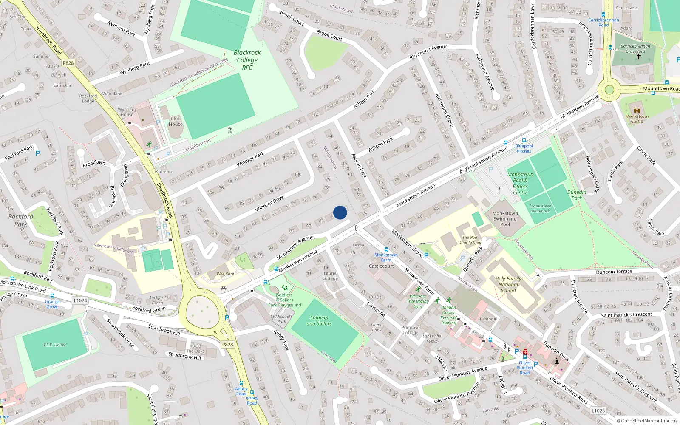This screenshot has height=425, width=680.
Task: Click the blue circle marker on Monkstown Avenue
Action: (x=340, y=212)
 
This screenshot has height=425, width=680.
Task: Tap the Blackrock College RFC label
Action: (x=247, y=60)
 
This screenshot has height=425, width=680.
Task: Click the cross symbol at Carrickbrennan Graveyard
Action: (x=638, y=56)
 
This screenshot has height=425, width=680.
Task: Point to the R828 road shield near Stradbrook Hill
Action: (x=227, y=344)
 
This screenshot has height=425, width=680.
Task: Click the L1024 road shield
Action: (x=80, y=300)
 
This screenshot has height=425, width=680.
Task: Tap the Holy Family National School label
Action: (x=508, y=285)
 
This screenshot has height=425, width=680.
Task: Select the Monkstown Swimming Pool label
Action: (x=505, y=219)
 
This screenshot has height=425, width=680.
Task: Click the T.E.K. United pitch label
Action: (x=55, y=345)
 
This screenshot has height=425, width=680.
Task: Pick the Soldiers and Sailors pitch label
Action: (x=319, y=320)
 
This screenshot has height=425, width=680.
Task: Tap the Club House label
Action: (x=176, y=122)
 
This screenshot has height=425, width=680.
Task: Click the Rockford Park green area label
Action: (x=21, y=220)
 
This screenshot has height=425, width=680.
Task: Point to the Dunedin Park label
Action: (x=577, y=195)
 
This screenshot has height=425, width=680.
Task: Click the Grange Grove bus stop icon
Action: (x=52, y=296)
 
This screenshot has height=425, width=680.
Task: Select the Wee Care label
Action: (x=225, y=274)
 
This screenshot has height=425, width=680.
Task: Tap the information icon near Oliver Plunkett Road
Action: (x=556, y=361)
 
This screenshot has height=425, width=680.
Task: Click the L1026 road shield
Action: (x=598, y=411)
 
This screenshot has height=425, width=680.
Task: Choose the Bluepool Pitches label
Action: (x=524, y=148)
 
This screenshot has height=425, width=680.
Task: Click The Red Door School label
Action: (x=470, y=240)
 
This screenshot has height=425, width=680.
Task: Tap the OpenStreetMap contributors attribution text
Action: (x=647, y=421)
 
